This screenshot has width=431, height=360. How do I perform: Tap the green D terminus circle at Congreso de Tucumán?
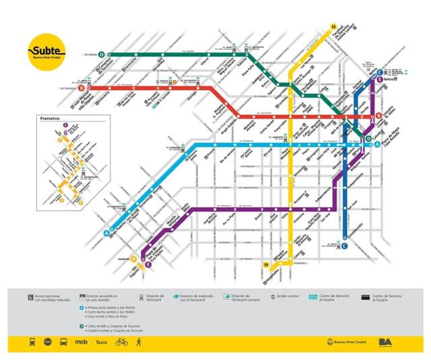pos(102,54)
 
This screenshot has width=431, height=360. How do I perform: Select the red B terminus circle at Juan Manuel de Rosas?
pos(81,88)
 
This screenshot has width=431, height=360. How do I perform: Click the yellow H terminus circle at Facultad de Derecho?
pos(333,28)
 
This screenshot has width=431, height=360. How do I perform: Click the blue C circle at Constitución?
pos(344,246)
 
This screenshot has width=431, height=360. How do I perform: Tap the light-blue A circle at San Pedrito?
pos(106,233)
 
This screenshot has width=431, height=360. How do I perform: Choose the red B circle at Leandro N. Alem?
pos(379,116)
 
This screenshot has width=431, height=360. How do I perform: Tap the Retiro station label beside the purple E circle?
pos(389,80)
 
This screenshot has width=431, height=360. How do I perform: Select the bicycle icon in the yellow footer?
pos(121,342)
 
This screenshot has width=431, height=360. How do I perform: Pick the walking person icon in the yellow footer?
pos(139,342)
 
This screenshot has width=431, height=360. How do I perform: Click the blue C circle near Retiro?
pos(380,73)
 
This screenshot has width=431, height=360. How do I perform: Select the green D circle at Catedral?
pos(368,139)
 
